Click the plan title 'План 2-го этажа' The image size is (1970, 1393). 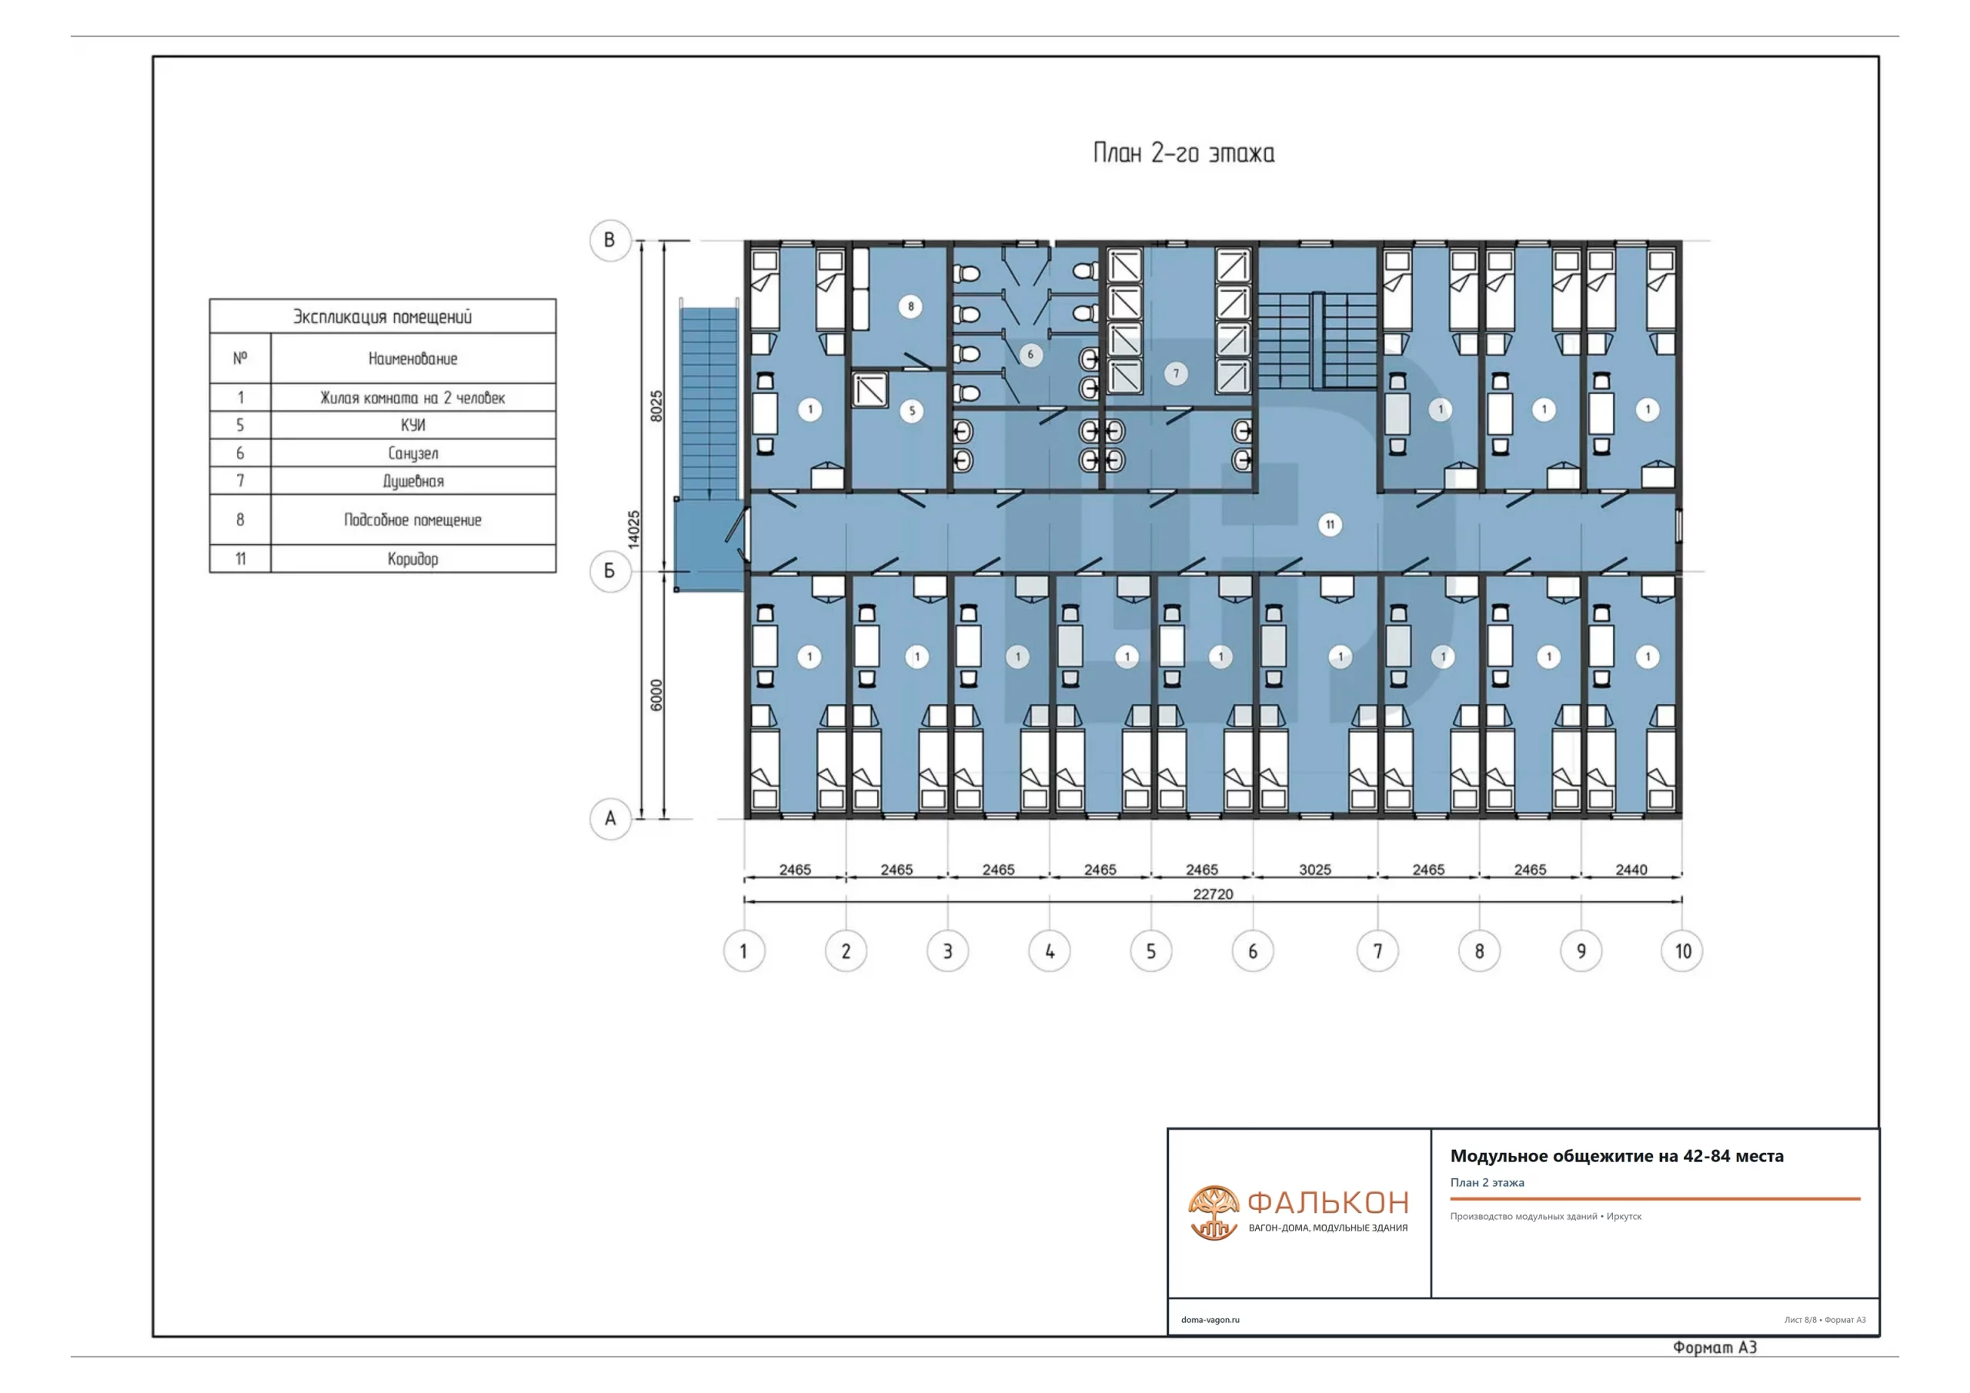point(1184,154)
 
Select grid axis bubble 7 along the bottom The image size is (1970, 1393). point(1377,951)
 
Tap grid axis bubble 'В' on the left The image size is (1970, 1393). point(610,240)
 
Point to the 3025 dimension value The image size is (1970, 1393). point(1314,870)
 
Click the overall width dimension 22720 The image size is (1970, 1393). point(1212,894)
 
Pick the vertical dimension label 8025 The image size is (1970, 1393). point(656,406)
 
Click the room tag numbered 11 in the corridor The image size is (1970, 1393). point(1330,524)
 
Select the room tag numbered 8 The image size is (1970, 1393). point(910,306)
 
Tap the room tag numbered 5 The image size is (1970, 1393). point(912,411)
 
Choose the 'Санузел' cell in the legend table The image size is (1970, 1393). point(412,453)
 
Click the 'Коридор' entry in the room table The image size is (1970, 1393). point(412,559)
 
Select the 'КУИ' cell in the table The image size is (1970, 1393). point(412,425)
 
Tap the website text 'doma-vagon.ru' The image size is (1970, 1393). point(1210,1320)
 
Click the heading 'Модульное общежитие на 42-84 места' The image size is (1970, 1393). point(1617,1156)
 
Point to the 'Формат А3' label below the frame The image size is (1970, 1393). point(1715,1348)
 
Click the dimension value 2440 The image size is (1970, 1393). point(1631,870)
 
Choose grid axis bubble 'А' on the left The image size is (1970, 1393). point(610,819)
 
